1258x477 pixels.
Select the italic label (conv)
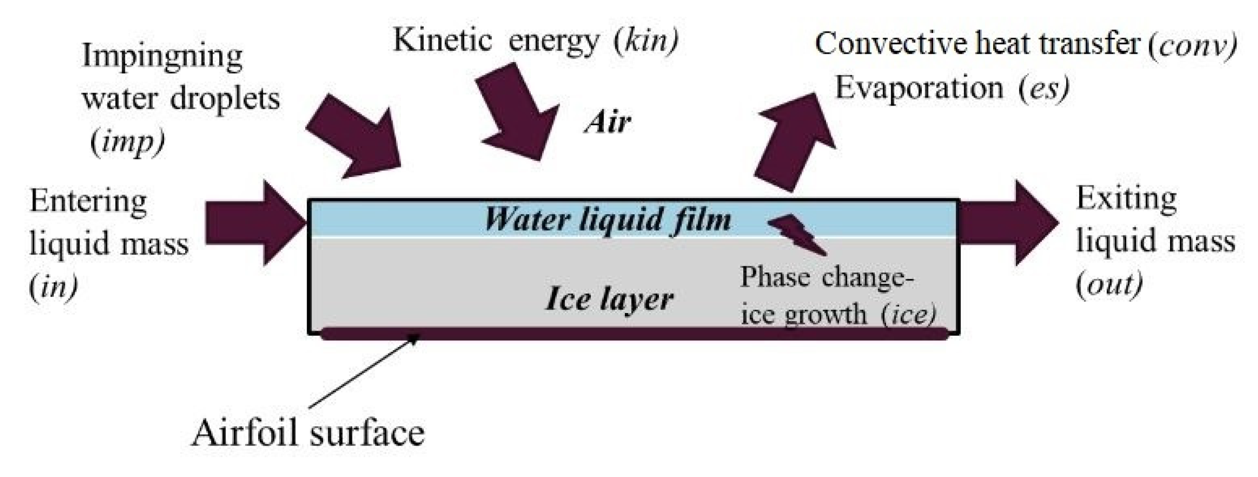1193,46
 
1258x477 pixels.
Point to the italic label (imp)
127,142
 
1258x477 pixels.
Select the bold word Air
608,123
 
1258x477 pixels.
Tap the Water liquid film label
608,219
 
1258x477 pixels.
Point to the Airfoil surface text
308,433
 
